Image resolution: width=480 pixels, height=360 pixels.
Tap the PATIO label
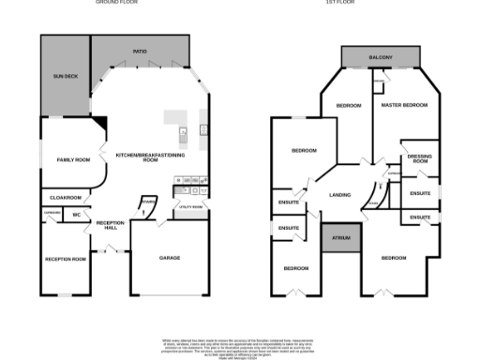[140, 52]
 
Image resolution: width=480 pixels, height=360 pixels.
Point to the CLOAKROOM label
[66, 198]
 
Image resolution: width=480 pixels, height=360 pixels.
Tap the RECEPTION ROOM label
[66, 258]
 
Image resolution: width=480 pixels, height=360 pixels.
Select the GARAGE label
[170, 257]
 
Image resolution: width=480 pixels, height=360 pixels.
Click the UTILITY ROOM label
[190, 206]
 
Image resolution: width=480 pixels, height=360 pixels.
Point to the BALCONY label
[380, 58]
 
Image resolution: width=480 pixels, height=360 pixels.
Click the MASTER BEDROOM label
[404, 105]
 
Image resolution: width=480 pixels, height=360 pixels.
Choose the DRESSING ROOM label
[418, 158]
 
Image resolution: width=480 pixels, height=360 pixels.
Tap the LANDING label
[340, 195]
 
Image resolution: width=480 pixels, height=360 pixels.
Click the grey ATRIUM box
[341, 238]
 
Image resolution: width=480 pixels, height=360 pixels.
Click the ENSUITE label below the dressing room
[420, 193]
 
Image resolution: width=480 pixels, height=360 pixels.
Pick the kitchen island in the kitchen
[176, 118]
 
